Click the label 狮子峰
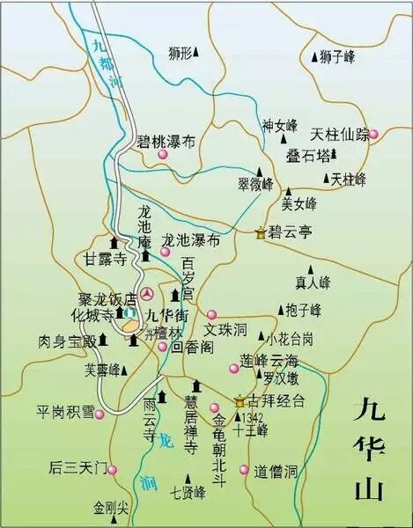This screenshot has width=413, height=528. (337, 56)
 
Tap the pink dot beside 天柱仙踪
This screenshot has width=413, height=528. (373, 134)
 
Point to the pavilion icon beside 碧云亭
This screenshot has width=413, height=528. (260, 234)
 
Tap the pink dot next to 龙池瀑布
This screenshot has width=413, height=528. (165, 252)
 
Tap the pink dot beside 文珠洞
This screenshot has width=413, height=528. (211, 314)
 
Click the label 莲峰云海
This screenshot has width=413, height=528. (269, 361)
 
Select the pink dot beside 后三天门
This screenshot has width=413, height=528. (113, 468)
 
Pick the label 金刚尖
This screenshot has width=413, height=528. (111, 508)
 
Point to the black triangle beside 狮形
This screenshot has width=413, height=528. (196, 54)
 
